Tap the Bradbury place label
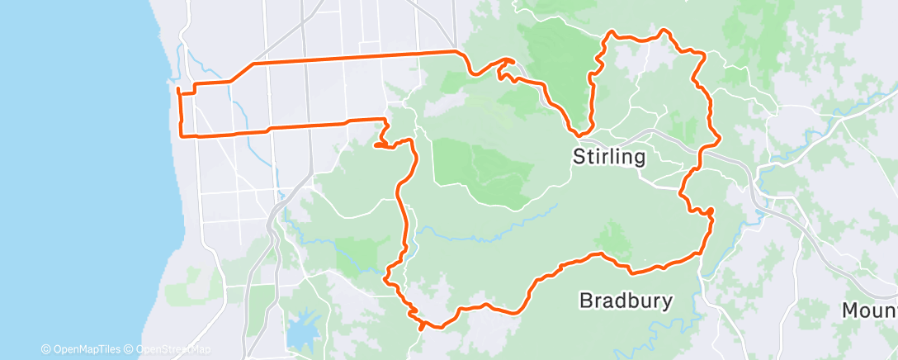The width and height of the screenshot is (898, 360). tap(626, 300)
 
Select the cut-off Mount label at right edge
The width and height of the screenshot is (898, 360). tap(869, 311)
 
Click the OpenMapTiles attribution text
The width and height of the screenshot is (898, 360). tap(82, 349)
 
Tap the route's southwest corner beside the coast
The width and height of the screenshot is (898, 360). tap(182, 134)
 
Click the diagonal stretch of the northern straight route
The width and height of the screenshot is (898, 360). tap(241, 73)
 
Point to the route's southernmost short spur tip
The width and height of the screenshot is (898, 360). tap(422, 328)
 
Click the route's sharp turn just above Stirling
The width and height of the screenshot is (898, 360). tap(580, 133)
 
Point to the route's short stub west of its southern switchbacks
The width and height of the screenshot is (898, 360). tap(376, 145)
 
